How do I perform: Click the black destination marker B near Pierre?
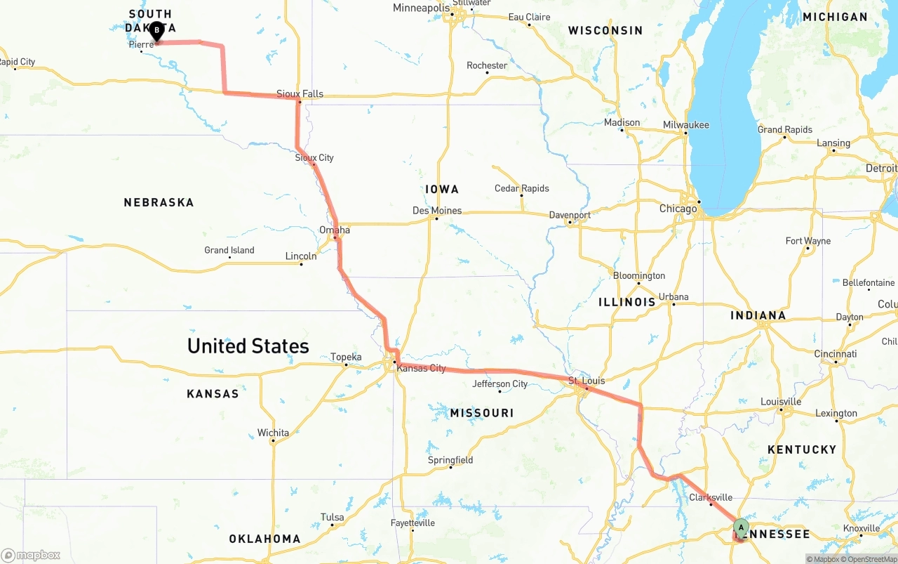pos(156,31)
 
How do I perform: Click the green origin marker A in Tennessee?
pos(741,527)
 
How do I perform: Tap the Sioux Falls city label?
pos(300,93)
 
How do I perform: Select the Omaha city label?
pos(334,230)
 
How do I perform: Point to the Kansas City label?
pos(421,368)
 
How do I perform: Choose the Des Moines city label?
pos(437,210)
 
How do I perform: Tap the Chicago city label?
pos(678,209)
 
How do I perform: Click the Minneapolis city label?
pos(421,8)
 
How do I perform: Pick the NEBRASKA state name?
pos(159,202)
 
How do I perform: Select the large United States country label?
pos(248,346)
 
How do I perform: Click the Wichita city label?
pos(273,433)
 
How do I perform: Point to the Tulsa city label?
pos(332,517)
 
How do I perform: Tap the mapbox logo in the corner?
pos(31,555)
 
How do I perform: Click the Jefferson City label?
pos(500,383)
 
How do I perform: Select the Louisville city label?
pos(780,402)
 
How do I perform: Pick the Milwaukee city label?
pos(685,125)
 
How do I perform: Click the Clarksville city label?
pos(710,497)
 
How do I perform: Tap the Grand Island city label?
pos(229,250)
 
